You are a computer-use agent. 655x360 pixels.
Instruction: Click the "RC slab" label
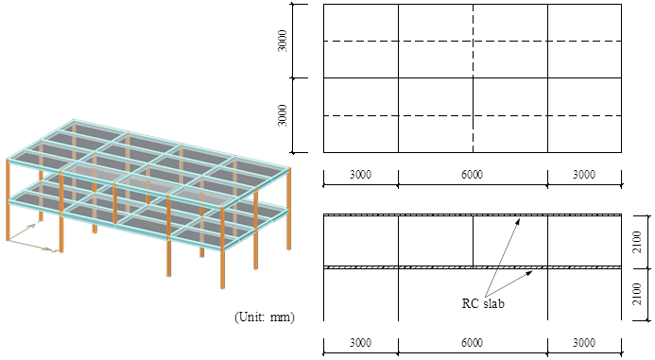(x=484, y=303)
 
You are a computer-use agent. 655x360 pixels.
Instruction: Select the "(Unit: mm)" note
(x=265, y=318)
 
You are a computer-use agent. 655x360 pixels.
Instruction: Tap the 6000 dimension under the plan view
(x=473, y=175)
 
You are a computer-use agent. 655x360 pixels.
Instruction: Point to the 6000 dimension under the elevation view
(x=473, y=344)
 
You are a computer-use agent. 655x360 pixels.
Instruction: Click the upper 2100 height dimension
(x=638, y=241)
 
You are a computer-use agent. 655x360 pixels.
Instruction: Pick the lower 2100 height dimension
(x=638, y=295)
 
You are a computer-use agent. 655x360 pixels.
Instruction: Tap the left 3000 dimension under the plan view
(x=361, y=175)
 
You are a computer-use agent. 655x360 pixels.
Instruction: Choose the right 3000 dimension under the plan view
(x=584, y=175)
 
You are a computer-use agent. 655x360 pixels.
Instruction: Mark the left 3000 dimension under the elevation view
(x=361, y=344)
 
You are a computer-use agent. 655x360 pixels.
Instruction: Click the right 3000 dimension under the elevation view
(x=584, y=344)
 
